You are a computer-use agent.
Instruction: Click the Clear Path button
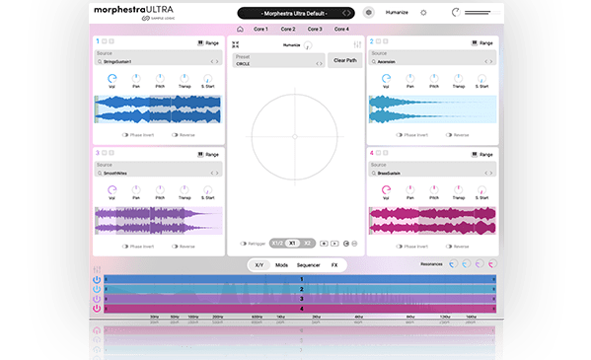point(345,61)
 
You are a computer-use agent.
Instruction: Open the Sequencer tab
point(309,265)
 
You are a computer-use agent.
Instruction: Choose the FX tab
point(334,265)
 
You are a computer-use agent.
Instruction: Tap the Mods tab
point(282,265)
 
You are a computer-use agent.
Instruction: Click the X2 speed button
point(308,243)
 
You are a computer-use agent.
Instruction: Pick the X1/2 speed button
point(277,243)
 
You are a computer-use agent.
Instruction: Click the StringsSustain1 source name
point(117,61)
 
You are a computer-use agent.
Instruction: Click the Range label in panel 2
point(484,42)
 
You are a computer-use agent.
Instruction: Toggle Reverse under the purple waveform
point(183,246)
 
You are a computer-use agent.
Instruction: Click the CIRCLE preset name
point(244,63)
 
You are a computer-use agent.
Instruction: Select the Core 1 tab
point(261,30)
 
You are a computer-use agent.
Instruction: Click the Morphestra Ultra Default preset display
point(296,13)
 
